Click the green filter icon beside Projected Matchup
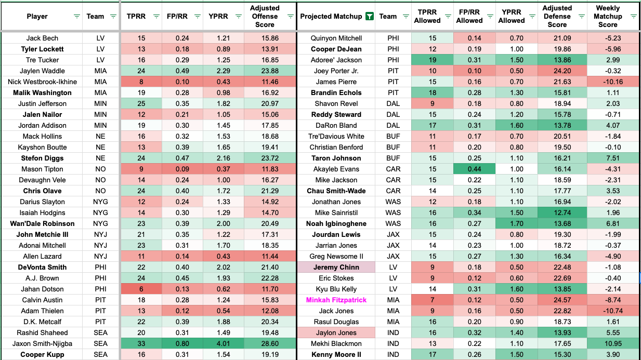point(369,17)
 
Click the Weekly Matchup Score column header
point(608,16)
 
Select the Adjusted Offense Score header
point(265,16)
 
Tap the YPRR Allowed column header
point(512,16)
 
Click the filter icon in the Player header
point(77,17)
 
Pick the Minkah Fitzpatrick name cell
point(336,300)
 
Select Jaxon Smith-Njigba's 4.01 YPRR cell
point(224,343)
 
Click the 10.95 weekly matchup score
point(614,343)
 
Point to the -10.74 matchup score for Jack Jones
point(614,311)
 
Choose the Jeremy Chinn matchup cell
point(336,267)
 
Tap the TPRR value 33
point(141,343)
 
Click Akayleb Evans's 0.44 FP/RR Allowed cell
point(469,169)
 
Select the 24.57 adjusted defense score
point(557,300)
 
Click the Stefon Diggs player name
point(42,158)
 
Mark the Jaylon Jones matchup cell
point(336,332)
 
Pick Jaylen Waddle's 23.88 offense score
point(265,71)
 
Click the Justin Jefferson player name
point(42,103)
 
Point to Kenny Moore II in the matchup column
point(336,354)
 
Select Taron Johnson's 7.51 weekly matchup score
point(614,158)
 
